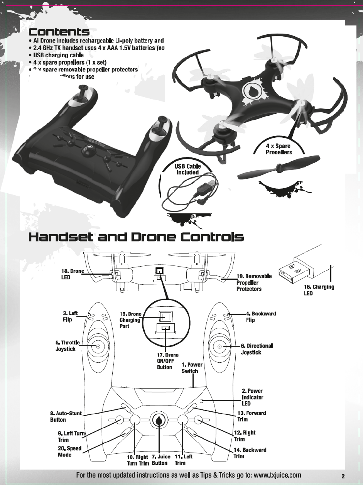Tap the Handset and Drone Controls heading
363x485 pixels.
click(x=136, y=237)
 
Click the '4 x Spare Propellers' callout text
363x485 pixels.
click(x=279, y=149)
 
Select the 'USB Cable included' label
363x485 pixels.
click(x=187, y=169)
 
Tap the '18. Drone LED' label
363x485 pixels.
click(x=73, y=274)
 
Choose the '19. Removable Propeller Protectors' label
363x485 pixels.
click(x=254, y=282)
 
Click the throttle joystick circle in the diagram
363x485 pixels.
click(x=98, y=346)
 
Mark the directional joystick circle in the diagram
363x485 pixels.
click(x=219, y=346)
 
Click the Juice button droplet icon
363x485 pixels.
click(x=159, y=420)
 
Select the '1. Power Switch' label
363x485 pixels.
click(x=192, y=368)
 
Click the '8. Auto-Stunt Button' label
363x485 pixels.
click(x=66, y=416)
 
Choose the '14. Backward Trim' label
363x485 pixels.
click(x=250, y=453)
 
